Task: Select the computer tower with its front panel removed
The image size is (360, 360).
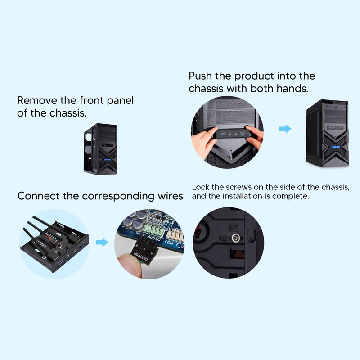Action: pyautogui.click(x=100, y=149)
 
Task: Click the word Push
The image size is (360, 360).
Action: pyautogui.click(x=200, y=76)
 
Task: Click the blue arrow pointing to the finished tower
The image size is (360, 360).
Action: pyautogui.click(x=285, y=129)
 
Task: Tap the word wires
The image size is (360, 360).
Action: pyautogui.click(x=171, y=196)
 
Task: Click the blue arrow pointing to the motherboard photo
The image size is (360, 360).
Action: pyautogui.click(x=103, y=243)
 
